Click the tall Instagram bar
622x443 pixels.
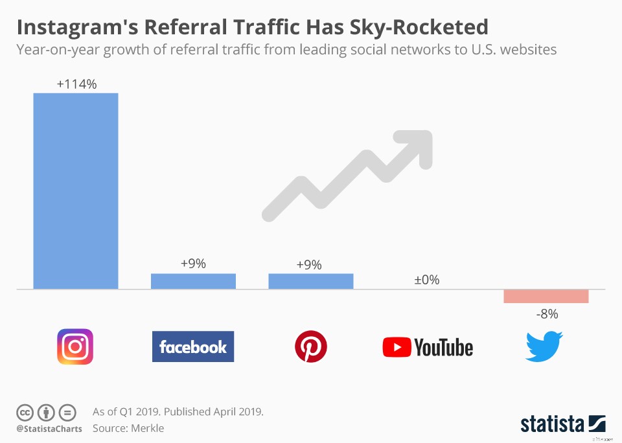(x=76, y=191)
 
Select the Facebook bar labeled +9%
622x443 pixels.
(x=193, y=281)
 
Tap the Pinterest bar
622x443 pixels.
(x=311, y=281)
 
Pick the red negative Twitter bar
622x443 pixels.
(x=546, y=296)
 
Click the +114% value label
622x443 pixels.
(x=76, y=84)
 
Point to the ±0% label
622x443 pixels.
(x=427, y=280)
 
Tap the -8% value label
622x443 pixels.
(x=546, y=313)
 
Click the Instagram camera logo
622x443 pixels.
(x=75, y=346)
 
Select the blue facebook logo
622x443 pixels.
(x=193, y=346)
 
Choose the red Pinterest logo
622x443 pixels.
(x=311, y=346)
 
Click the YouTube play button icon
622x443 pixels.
(x=397, y=347)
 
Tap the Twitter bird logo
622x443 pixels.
(x=544, y=346)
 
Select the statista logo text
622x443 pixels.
(x=552, y=424)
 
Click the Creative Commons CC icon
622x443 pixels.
(x=25, y=412)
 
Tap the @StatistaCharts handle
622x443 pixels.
(x=49, y=429)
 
